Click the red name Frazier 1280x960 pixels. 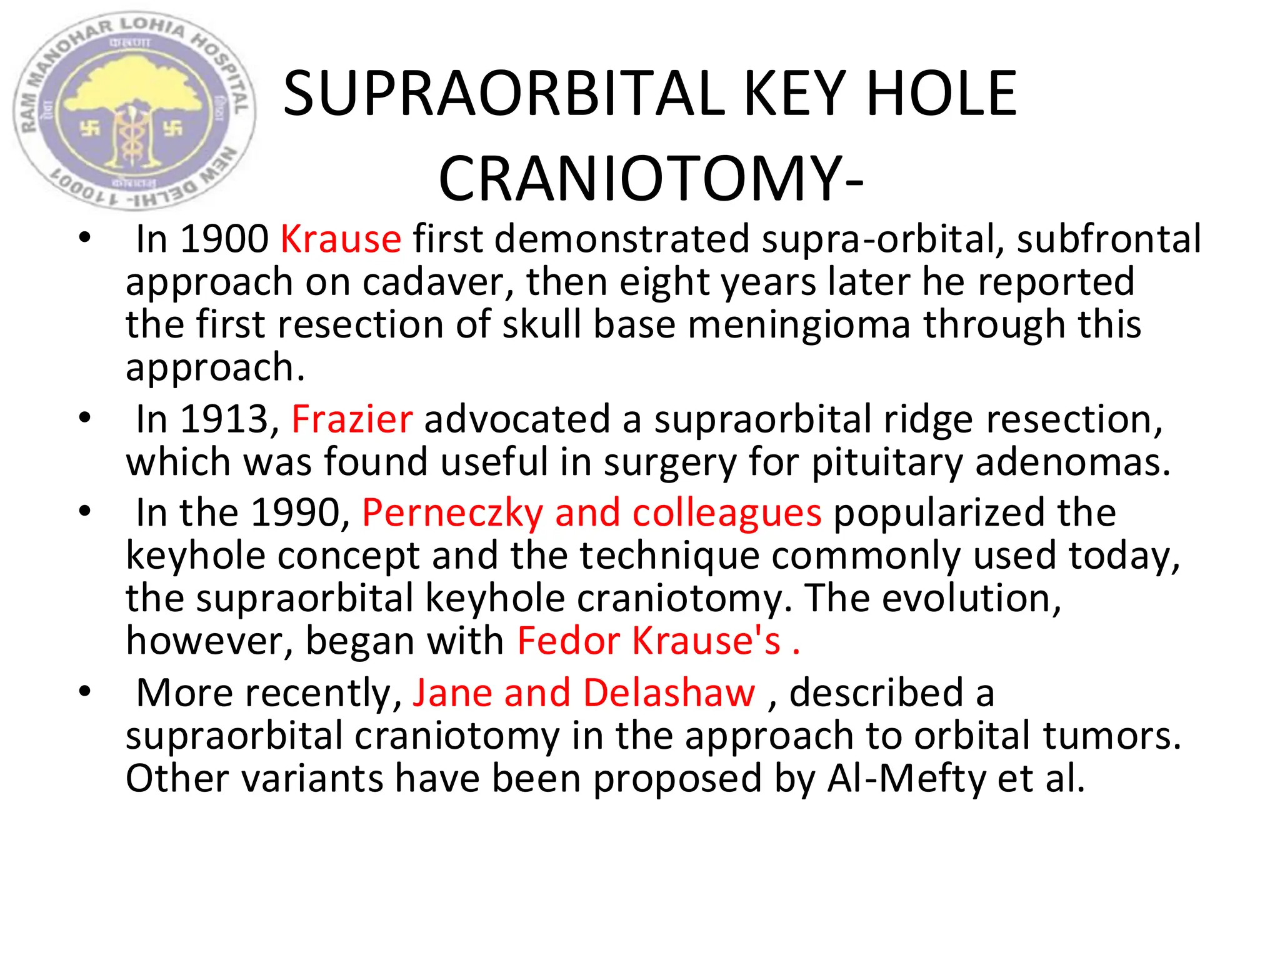click(x=352, y=419)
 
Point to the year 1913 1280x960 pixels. click(x=224, y=419)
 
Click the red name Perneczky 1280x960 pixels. click(x=452, y=512)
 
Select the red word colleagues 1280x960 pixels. click(x=727, y=512)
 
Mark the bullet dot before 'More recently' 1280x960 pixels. click(x=85, y=691)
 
